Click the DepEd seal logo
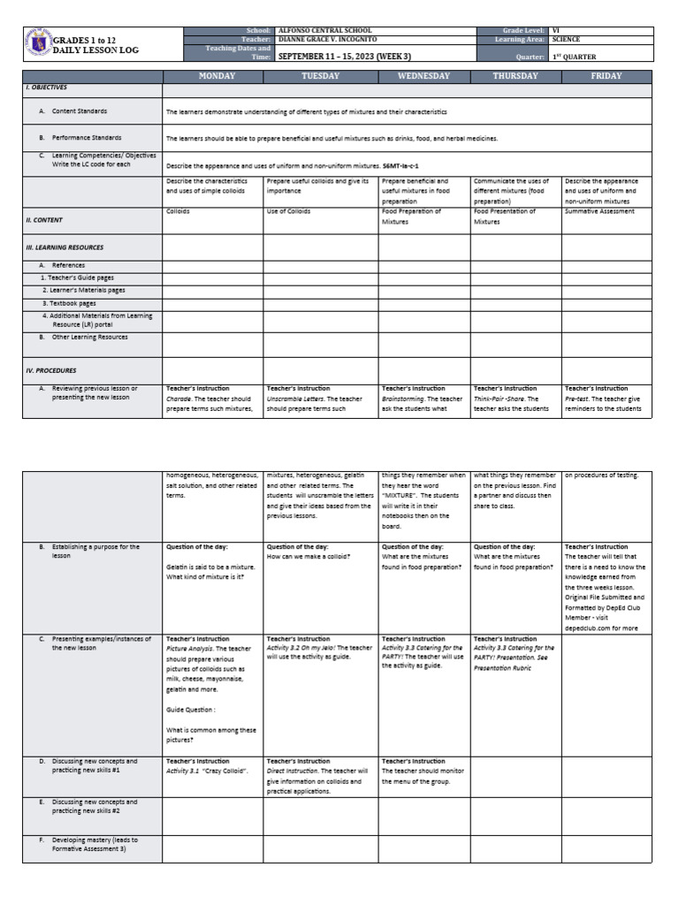click(x=38, y=45)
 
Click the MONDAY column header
click(x=212, y=77)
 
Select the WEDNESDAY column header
click(x=423, y=77)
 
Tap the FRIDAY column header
click(x=607, y=77)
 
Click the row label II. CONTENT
click(x=44, y=220)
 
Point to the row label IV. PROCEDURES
click(x=50, y=370)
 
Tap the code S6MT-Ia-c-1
click(x=401, y=165)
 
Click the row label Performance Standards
click(x=87, y=138)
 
